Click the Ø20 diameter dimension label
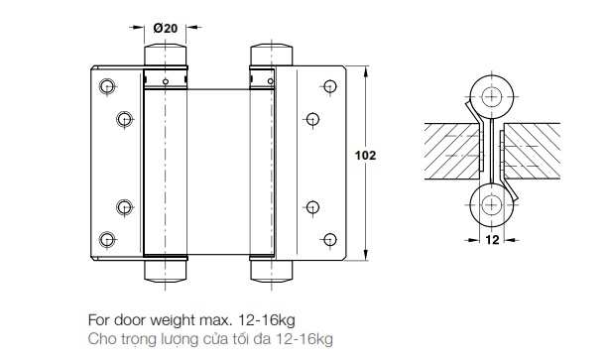pyautogui.click(x=166, y=28)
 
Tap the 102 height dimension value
pyautogui.click(x=365, y=156)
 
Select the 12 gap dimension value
pyautogui.click(x=492, y=240)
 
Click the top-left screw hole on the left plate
pyautogui.click(x=107, y=86)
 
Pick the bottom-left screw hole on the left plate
pyautogui.click(x=107, y=240)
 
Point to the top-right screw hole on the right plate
pyautogui.click(x=330, y=86)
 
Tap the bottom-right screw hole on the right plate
pyautogui.click(x=330, y=239)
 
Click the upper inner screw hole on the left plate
pyautogui.click(x=124, y=119)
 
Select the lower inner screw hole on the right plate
pyautogui.click(x=312, y=207)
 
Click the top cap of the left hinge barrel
pyautogui.click(x=166, y=56)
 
